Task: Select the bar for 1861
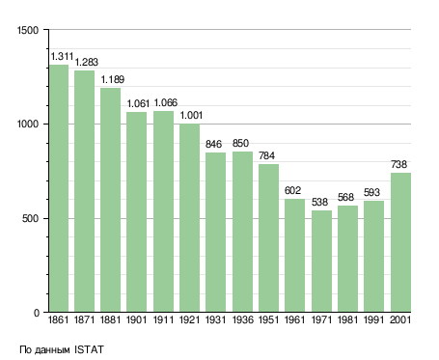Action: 59,188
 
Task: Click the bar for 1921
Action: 189,218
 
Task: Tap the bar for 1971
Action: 321,262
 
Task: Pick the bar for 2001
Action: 400,242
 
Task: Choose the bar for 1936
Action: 242,232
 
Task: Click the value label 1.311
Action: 62,57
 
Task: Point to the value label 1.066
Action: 166,103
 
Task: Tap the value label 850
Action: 240,143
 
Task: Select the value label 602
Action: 292,190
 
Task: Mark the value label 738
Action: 398,164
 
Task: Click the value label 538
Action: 319,202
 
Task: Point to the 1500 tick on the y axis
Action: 28,30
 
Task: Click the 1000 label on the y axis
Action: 28,125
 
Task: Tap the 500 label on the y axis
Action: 30,219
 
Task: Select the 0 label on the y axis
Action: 37,313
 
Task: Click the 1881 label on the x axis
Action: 110,319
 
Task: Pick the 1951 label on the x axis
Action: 268,319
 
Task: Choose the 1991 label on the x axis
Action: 373,319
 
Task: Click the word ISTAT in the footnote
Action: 89,349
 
